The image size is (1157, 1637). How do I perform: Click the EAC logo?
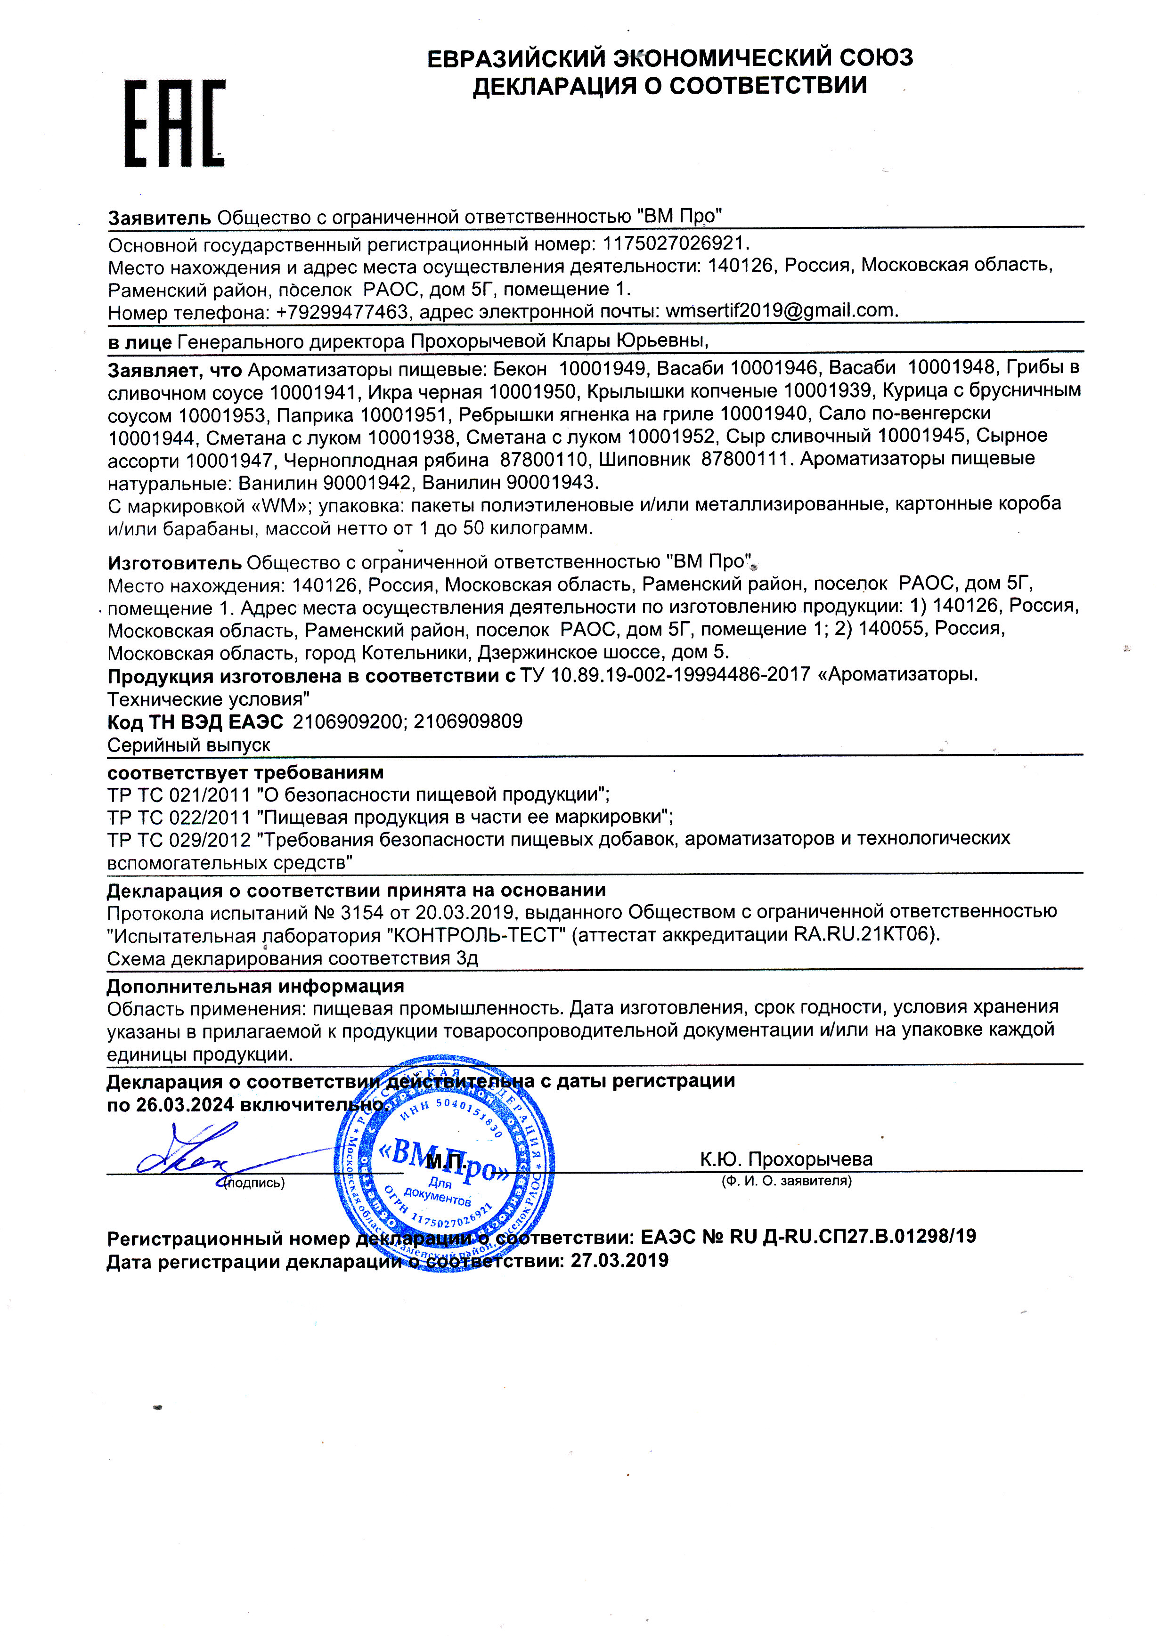coord(175,123)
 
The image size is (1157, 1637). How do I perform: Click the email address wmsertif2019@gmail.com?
coord(781,311)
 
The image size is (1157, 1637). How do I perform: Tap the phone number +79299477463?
coord(342,312)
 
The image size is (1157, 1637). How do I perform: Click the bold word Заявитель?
coord(159,218)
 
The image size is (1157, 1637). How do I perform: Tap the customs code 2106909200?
coord(347,721)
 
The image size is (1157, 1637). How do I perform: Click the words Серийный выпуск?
coord(188,745)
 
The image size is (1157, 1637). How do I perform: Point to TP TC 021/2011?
coord(179,794)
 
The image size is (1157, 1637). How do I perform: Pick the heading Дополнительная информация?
coord(255,986)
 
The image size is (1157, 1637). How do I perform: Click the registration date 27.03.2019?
coord(619,1261)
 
